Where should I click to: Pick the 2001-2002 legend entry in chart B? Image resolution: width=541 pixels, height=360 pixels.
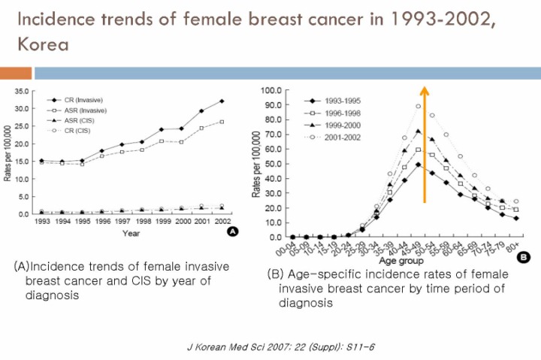click(342, 137)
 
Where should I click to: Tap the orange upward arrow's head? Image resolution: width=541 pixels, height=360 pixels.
click(424, 92)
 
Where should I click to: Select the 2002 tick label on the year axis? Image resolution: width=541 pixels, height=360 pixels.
click(222, 222)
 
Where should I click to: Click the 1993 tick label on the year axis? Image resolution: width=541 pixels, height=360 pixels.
click(41, 222)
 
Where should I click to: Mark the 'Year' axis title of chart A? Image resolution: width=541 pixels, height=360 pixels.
click(132, 233)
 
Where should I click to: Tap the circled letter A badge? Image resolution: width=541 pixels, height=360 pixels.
click(233, 233)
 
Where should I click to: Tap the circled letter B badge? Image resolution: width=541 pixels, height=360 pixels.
click(523, 258)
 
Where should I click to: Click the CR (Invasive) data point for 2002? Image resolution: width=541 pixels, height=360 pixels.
click(222, 101)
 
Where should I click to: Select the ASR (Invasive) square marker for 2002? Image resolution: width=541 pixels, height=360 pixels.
click(222, 122)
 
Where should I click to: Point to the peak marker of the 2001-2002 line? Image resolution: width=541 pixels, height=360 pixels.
click(418, 106)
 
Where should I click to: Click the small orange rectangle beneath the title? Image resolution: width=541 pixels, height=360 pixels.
click(15, 73)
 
